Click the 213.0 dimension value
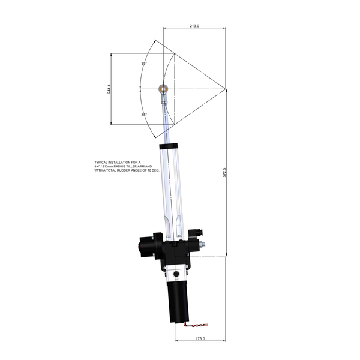tap(194, 26)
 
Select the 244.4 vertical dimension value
tap(109, 89)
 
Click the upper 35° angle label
tap(144, 63)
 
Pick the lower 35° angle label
tap(144, 114)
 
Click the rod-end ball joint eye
tap(162, 89)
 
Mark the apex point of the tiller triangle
tap(226, 89)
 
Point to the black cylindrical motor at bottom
tap(178, 299)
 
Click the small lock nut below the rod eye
tap(164, 103)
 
